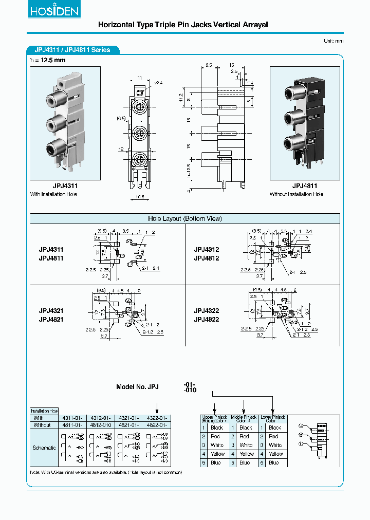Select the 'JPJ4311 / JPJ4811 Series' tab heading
tap(72, 50)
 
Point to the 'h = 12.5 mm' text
tap(48, 61)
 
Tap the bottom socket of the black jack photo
tap(291, 142)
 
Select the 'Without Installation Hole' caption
tap(297, 194)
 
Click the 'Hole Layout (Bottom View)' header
tap(184, 218)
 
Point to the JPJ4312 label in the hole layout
tap(207, 250)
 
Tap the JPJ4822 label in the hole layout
tap(207, 319)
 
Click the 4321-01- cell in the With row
tap(128, 418)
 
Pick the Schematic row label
tap(44, 448)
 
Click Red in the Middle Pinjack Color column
tap(245, 436)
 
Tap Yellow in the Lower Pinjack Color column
tap(276, 454)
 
